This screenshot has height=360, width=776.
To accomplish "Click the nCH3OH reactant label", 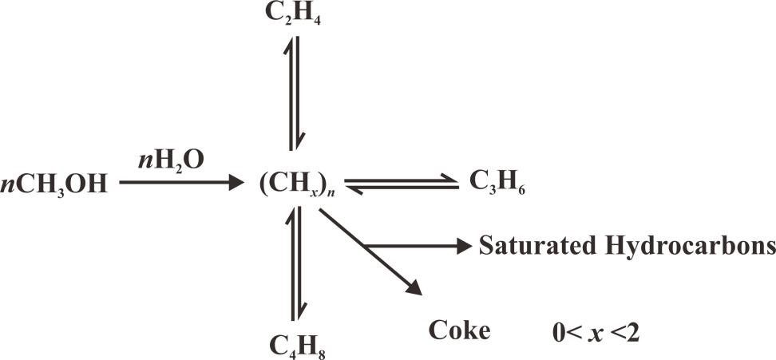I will point(55,184).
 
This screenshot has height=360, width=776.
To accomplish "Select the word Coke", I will point(459,328).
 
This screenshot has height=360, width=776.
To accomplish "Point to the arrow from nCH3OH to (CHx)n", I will point(180,184).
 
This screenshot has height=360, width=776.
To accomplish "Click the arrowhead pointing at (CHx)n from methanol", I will point(235,184).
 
